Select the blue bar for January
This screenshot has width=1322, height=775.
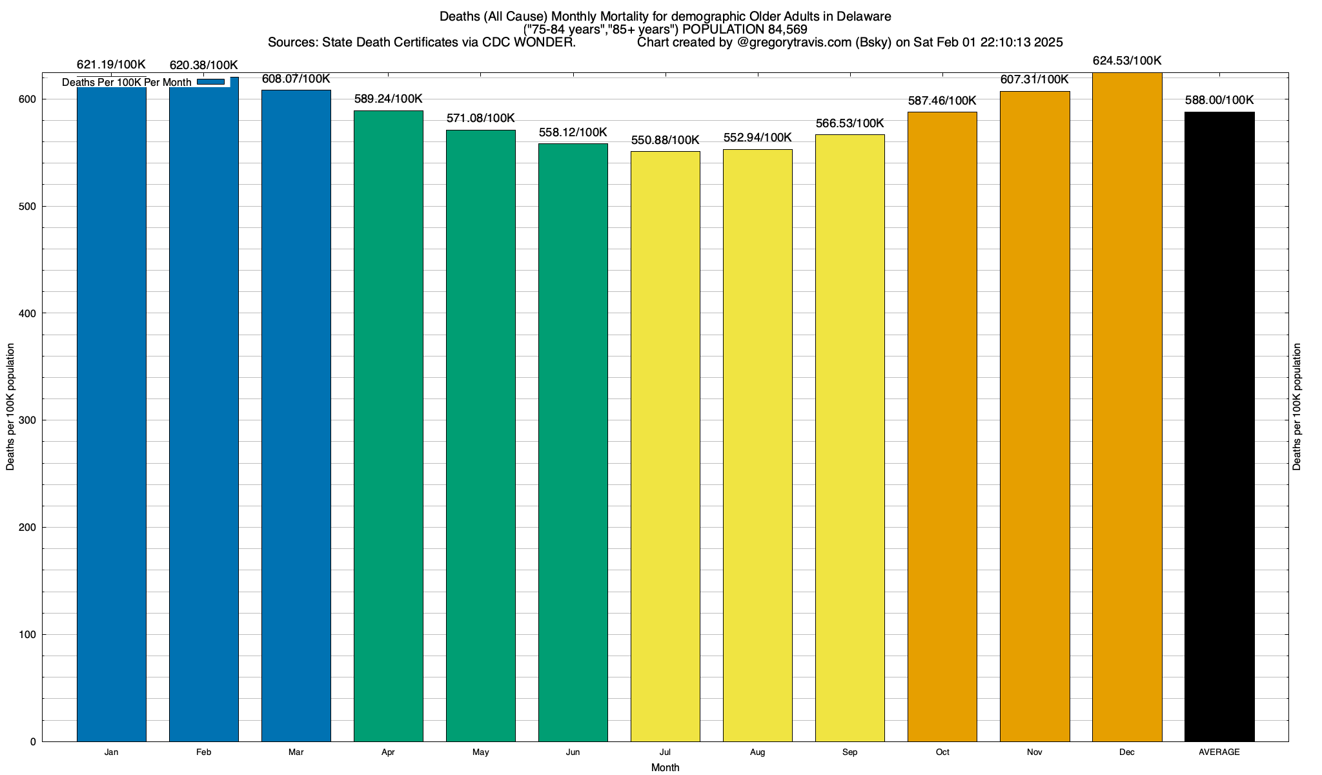click(112, 413)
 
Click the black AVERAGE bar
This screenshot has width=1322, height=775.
click(1219, 426)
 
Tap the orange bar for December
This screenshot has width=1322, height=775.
click(1127, 407)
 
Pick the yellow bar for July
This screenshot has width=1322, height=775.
click(666, 446)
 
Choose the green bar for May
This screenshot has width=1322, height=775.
click(481, 436)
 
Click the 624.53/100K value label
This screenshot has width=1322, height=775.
click(1127, 61)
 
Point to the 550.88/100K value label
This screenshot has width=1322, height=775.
click(666, 140)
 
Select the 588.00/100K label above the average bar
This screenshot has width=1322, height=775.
click(1219, 100)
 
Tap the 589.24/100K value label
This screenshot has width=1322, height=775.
click(389, 99)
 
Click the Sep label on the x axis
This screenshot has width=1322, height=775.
click(850, 752)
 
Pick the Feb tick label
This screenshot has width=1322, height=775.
click(204, 752)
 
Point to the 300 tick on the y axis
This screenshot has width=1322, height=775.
click(28, 420)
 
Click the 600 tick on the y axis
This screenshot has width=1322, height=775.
click(28, 99)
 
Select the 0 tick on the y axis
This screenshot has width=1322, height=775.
click(33, 742)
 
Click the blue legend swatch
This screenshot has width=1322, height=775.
click(211, 82)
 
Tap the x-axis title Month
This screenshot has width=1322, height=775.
click(665, 768)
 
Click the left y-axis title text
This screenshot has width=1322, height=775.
click(10, 407)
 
